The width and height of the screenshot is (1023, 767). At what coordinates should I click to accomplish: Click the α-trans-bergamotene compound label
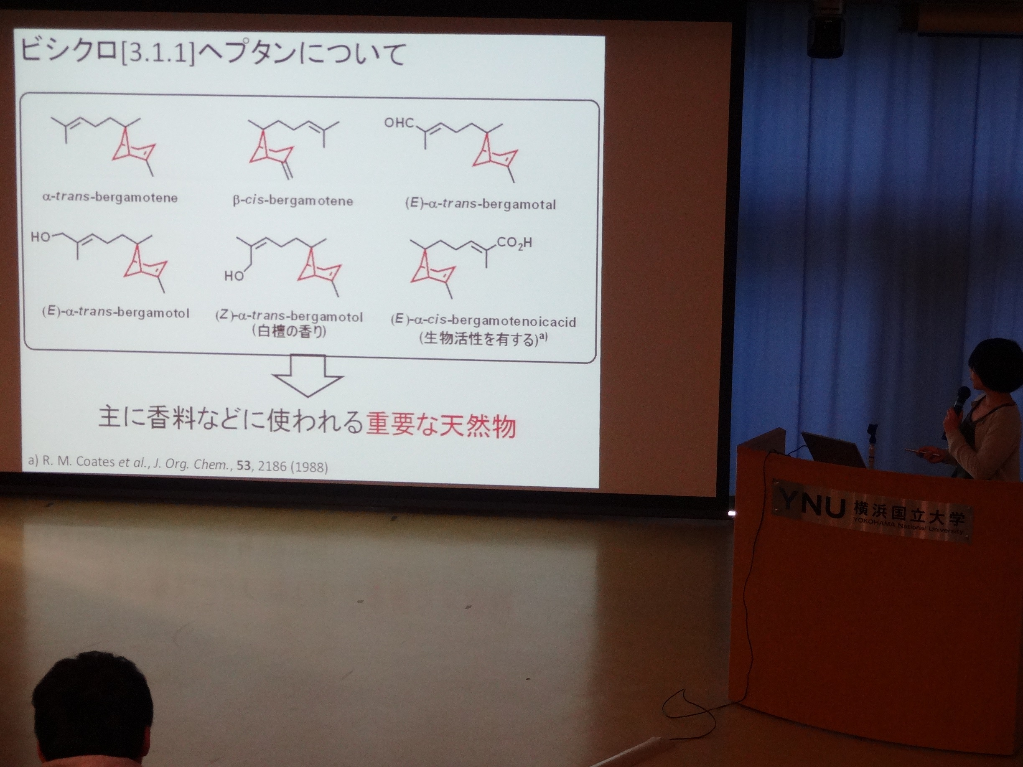click(109, 198)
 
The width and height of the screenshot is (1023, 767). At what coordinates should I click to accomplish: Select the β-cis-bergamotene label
click(293, 201)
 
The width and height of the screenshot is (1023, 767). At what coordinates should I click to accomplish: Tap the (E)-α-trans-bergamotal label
click(481, 204)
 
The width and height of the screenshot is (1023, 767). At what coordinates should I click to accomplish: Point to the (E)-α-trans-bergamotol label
click(116, 312)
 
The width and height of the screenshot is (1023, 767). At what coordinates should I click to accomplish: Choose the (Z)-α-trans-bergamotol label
click(289, 317)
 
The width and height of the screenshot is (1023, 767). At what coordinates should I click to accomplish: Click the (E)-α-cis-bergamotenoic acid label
click(483, 321)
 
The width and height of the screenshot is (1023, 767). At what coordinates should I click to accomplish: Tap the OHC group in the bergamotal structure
click(400, 123)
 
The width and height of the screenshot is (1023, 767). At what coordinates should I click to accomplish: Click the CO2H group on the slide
click(514, 243)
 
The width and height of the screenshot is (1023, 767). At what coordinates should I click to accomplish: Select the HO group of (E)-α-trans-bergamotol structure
click(40, 237)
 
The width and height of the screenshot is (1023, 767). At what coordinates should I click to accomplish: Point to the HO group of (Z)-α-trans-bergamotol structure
click(234, 276)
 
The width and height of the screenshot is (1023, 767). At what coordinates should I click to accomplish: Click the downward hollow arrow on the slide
click(308, 376)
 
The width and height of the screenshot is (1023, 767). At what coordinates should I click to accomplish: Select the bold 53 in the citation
click(244, 465)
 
